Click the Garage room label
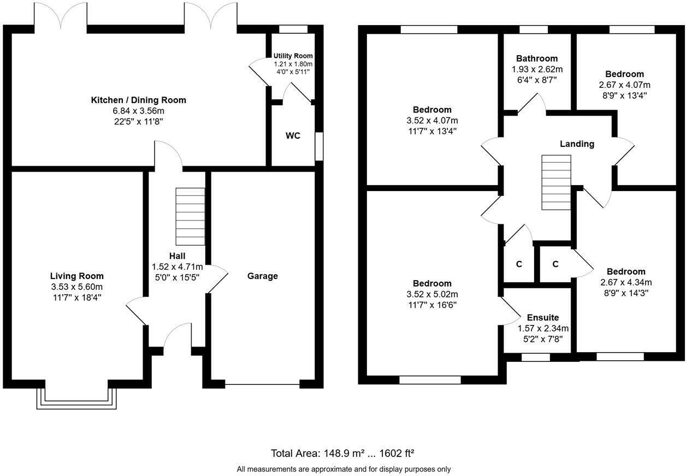[x=262, y=276]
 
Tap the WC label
[x=293, y=136]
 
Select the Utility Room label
[x=293, y=56]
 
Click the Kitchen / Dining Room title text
[x=138, y=100]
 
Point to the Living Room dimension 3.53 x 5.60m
[x=76, y=287]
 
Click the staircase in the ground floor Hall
[x=190, y=217]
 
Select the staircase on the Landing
[x=556, y=182]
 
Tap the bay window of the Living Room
[x=76, y=398]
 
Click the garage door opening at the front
[x=262, y=385]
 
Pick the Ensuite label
[x=542, y=318]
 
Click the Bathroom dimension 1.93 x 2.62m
[x=537, y=69]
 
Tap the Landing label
[x=577, y=144]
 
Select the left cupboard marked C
[x=519, y=264]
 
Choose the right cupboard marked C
[x=555, y=264]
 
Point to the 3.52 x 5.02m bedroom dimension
[x=432, y=294]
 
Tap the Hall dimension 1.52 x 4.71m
[x=177, y=266]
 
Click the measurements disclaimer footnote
[x=344, y=469]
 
